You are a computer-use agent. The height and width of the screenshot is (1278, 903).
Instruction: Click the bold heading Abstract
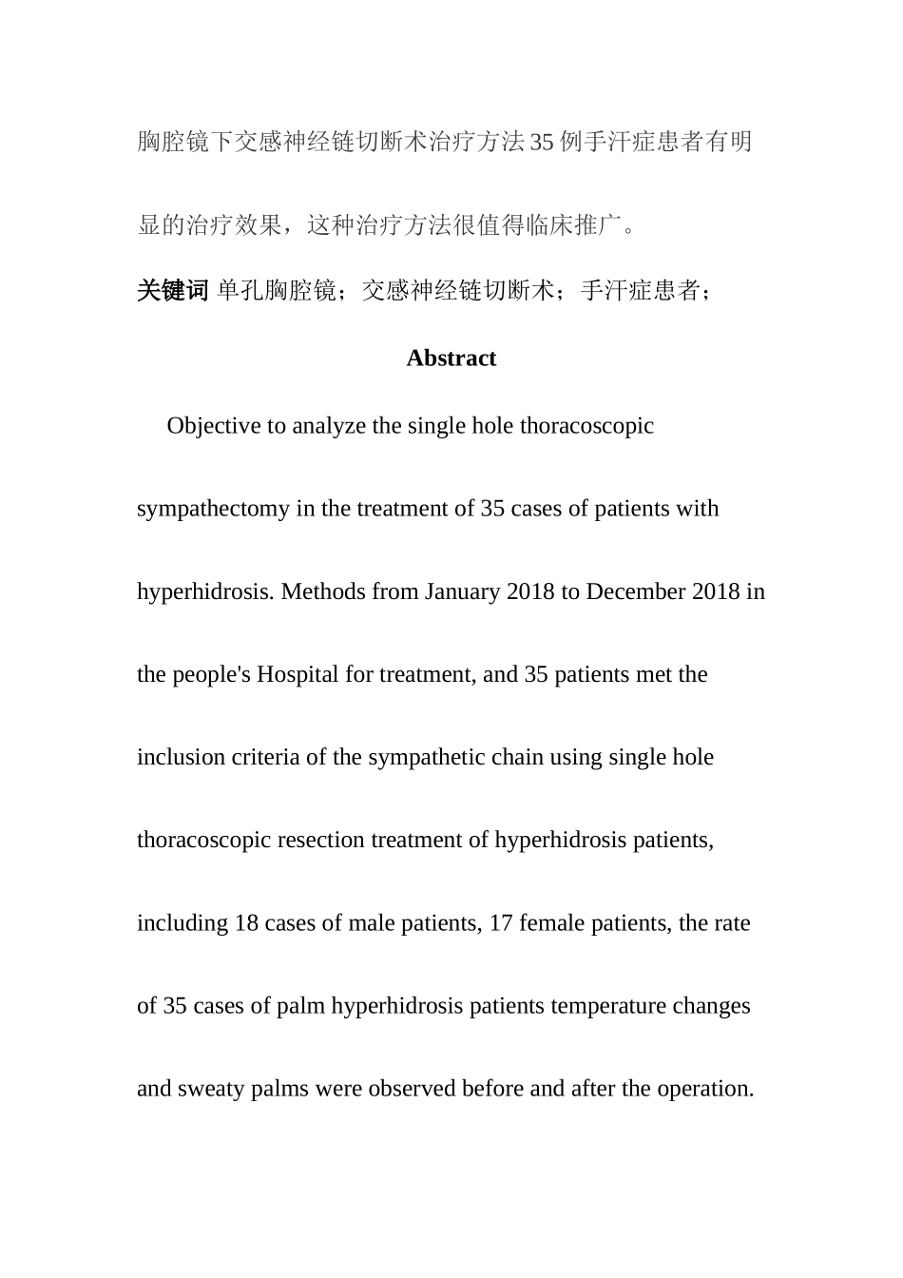451,358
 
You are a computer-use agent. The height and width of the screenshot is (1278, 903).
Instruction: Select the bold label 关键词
172,291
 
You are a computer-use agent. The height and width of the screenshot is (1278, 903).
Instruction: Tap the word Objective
214,426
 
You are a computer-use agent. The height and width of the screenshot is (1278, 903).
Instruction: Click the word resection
320,841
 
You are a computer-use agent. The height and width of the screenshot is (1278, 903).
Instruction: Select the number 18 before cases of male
246,923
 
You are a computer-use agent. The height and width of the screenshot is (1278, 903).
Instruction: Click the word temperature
608,1006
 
